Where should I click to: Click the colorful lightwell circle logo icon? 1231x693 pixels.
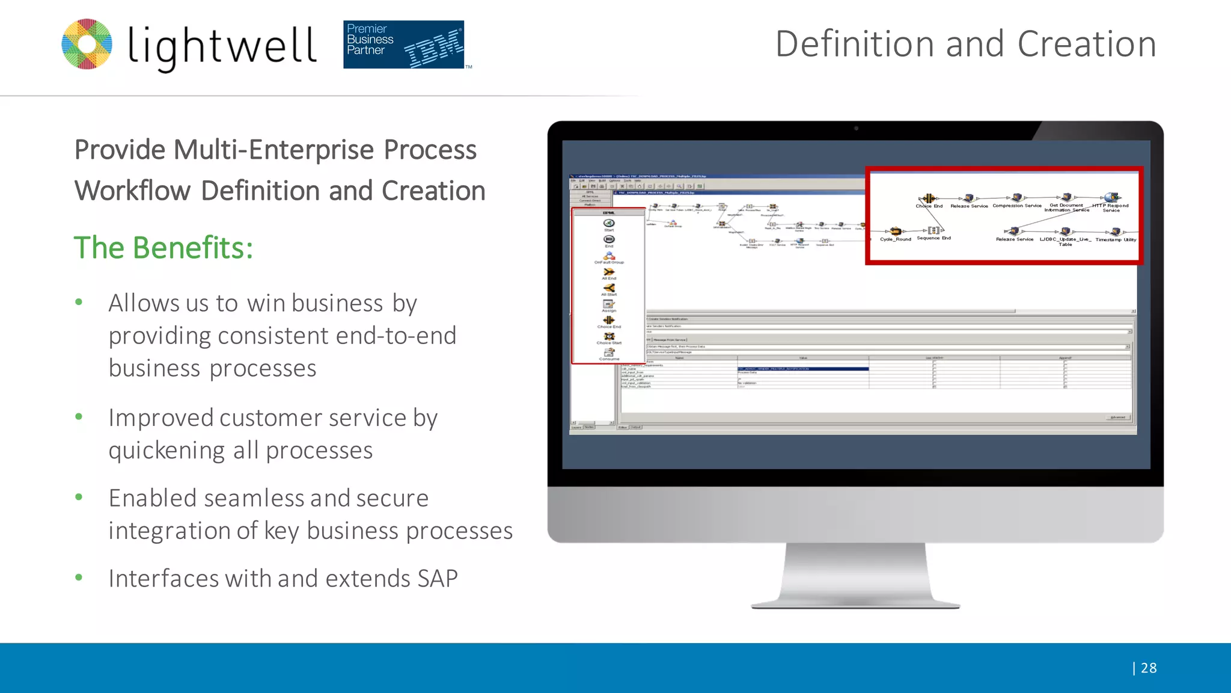pyautogui.click(x=87, y=44)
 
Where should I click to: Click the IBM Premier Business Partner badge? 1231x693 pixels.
pyautogui.click(x=403, y=45)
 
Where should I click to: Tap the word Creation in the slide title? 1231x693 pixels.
pyautogui.click(x=1086, y=44)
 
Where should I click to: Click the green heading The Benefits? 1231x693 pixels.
pyautogui.click(x=163, y=247)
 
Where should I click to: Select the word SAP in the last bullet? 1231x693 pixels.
pyautogui.click(x=438, y=578)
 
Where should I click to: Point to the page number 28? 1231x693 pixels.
pyautogui.click(x=1148, y=668)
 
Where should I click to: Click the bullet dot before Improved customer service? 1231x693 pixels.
pyautogui.click(x=79, y=416)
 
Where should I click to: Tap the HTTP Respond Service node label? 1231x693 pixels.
pyautogui.click(x=1110, y=208)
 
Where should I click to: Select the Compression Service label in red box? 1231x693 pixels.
pyautogui.click(x=1016, y=206)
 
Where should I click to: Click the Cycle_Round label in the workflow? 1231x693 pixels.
pyautogui.click(x=895, y=239)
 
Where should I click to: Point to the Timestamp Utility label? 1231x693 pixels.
pyautogui.click(x=1116, y=239)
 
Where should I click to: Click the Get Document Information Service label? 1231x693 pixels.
pyautogui.click(x=1066, y=208)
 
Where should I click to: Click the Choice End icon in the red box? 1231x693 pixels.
pyautogui.click(x=929, y=199)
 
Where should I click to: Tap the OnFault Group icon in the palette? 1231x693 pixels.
pyautogui.click(x=609, y=256)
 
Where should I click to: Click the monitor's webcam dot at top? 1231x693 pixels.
pyautogui.click(x=856, y=128)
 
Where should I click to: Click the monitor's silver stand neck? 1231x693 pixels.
pyautogui.click(x=855, y=571)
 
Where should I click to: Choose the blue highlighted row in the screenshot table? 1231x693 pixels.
pyautogui.click(x=802, y=369)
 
